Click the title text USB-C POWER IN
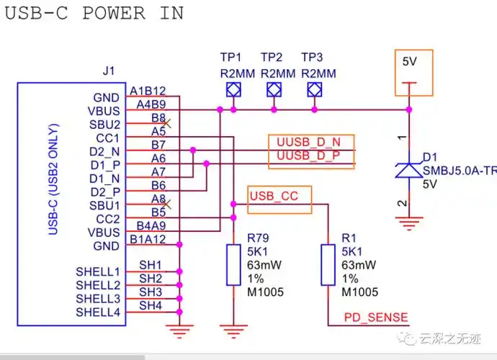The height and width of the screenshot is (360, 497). click(x=94, y=13)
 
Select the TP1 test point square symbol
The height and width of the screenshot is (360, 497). click(x=233, y=90)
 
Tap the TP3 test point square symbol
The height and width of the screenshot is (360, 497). click(x=314, y=90)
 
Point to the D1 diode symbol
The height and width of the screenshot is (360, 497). click(x=409, y=170)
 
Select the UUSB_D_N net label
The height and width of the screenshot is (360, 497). click(x=310, y=141)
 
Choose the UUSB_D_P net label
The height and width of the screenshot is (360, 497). click(x=310, y=156)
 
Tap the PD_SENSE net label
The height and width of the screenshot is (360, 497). click(x=375, y=317)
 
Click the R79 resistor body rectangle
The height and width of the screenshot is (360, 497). click(x=233, y=265)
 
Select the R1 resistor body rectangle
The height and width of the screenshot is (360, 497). click(x=328, y=265)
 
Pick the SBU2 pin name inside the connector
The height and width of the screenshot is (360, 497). click(x=104, y=124)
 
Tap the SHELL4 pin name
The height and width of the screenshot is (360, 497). click(x=98, y=312)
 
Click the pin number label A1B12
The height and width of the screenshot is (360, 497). click(x=148, y=91)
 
